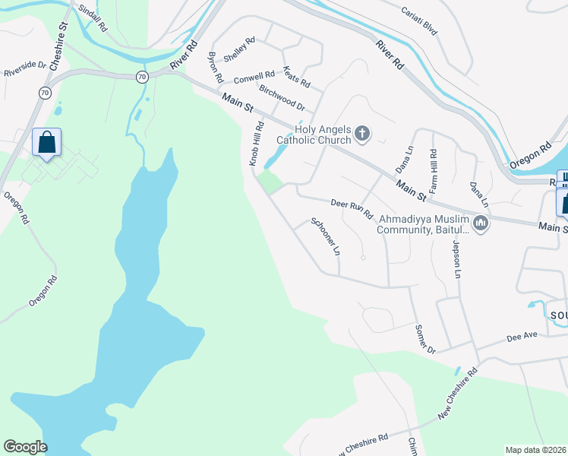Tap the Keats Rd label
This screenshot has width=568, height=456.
click(296, 75)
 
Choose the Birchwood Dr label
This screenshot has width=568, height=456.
click(281, 98)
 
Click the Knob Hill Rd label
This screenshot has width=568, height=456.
click(256, 144)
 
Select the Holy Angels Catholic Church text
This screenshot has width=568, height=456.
click(314, 135)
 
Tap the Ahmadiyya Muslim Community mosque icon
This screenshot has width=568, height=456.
click(480, 223)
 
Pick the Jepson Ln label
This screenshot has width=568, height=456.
click(457, 258)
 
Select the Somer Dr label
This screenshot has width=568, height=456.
click(424, 338)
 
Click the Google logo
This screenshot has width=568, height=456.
click(26, 447)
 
